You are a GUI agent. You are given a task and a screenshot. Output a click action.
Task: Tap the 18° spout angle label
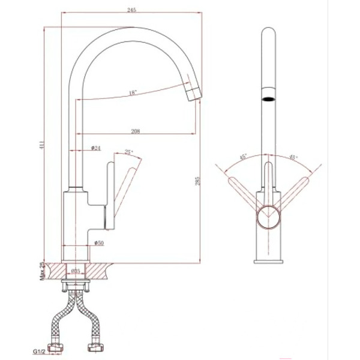tap(133, 92)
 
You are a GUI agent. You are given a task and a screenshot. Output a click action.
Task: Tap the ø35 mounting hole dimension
tap(76, 271)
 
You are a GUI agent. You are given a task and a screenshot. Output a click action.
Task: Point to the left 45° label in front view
tap(243, 158)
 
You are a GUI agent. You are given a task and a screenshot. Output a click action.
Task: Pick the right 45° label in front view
tap(293, 158)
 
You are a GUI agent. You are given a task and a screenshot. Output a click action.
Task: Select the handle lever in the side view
tap(127, 187)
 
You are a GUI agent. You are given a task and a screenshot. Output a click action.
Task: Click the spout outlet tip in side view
tap(193, 95)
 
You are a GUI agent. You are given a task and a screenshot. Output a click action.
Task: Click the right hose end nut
tap(94, 346)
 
